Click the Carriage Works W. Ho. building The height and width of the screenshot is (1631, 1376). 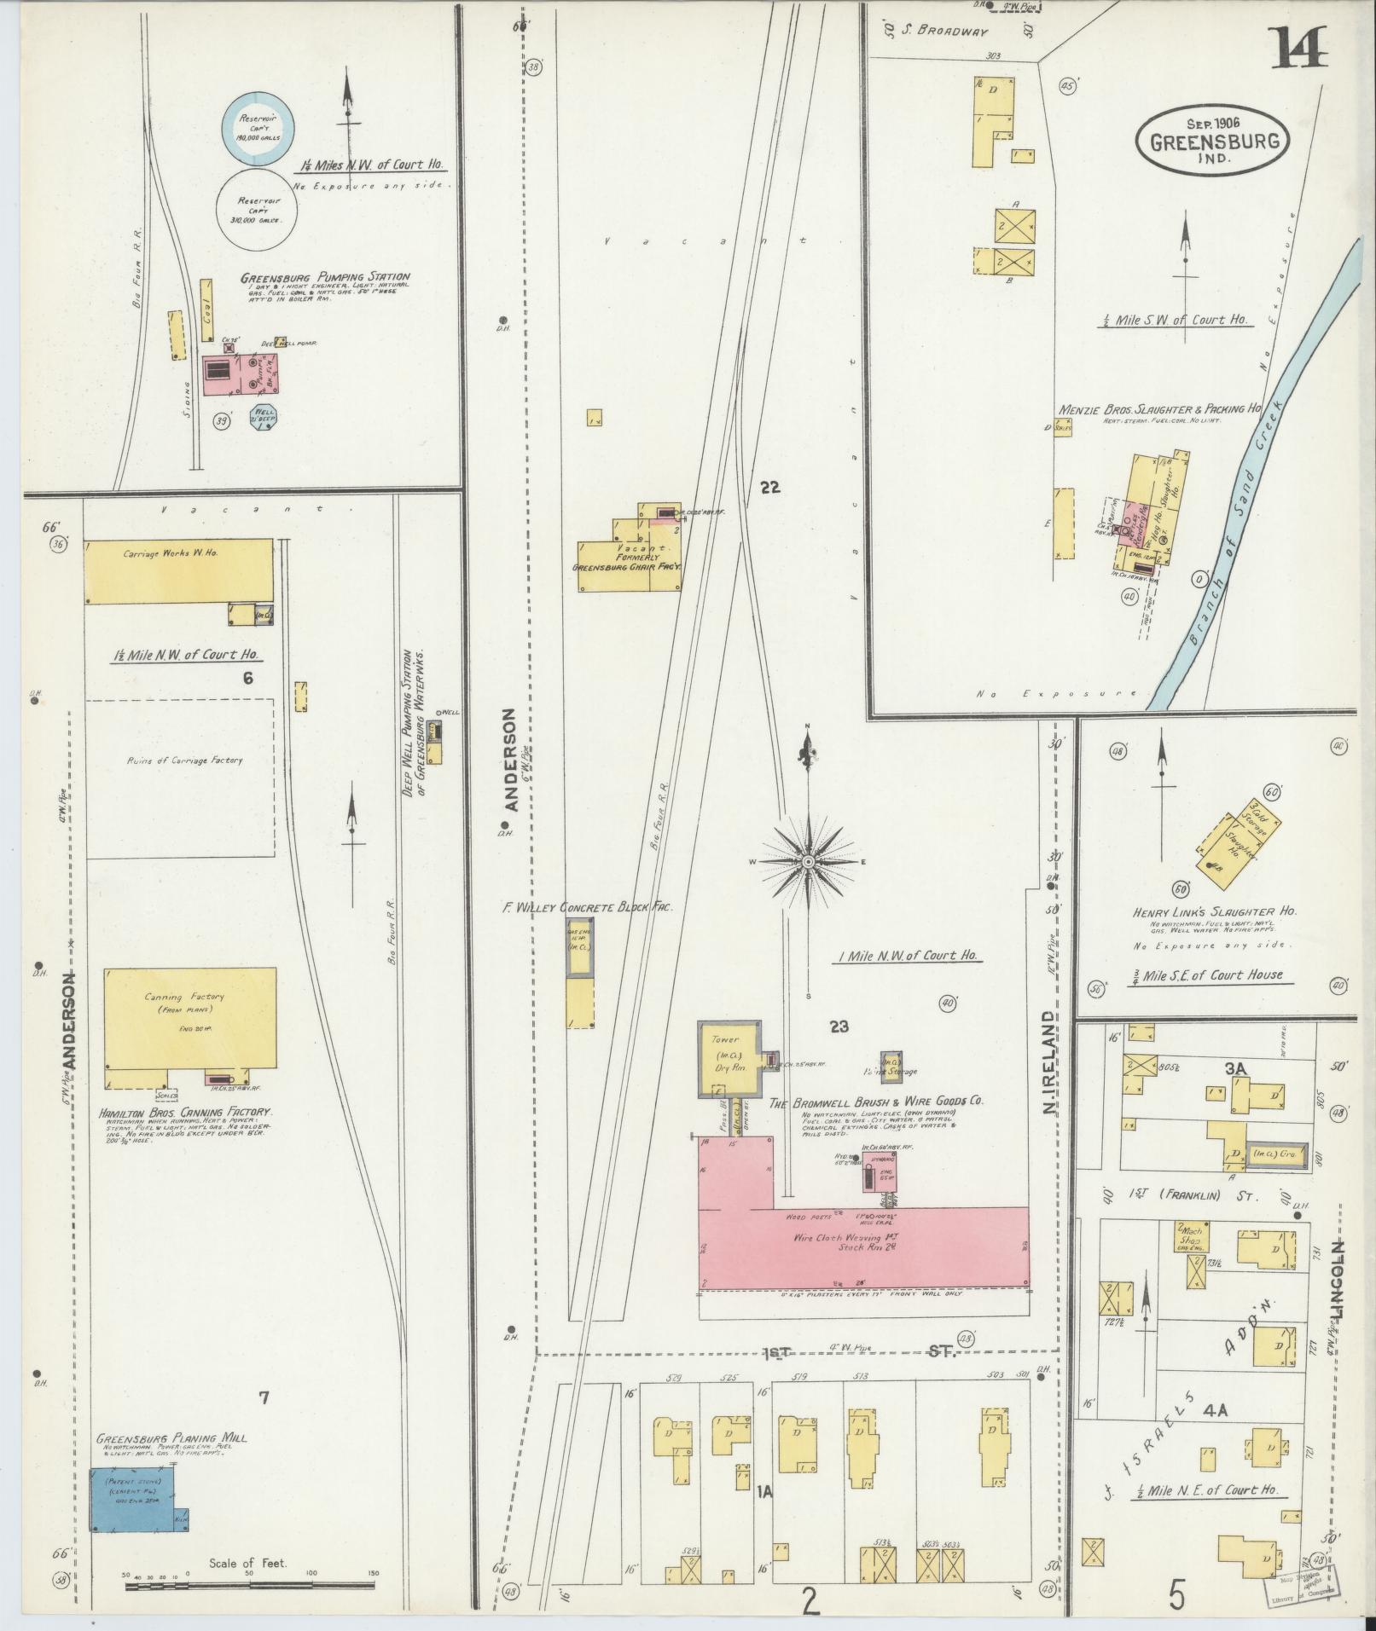(177, 570)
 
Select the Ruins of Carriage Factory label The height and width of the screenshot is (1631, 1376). (184, 760)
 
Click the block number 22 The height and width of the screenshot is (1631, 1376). (770, 487)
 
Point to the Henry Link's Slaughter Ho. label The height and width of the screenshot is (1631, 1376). (1215, 911)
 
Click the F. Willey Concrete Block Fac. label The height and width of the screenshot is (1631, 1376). (587, 907)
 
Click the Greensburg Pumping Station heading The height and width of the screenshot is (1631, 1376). (324, 276)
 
